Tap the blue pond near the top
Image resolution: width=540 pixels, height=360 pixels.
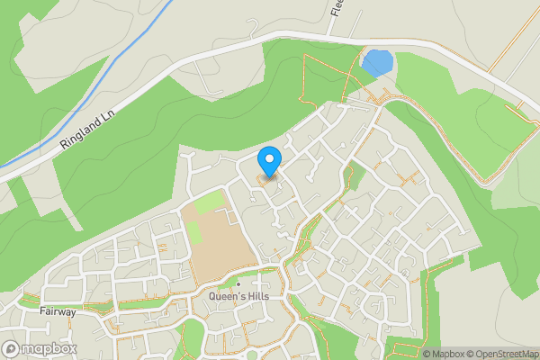pos(376,63)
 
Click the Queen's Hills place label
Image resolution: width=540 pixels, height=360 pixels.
pos(238,296)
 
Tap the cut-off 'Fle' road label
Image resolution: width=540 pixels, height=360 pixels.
pos(337,8)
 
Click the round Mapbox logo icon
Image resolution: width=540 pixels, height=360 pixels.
pos(11,348)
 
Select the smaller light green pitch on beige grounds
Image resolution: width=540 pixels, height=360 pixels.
pos(193,232)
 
